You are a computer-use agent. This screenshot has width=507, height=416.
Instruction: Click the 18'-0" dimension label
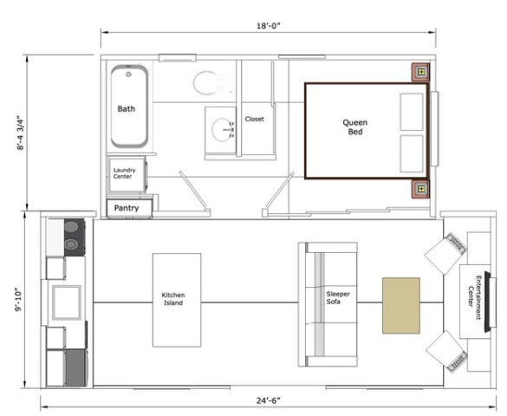269,25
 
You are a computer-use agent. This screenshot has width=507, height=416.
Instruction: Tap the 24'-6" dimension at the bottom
269,400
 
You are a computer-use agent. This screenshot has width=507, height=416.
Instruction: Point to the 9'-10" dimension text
18,299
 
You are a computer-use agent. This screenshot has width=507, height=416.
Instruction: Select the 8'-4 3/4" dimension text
21,133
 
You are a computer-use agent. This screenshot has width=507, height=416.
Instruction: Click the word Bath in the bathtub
127,108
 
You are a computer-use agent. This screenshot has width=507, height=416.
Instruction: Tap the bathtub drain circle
128,75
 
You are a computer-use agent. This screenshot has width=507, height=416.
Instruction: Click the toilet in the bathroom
209,82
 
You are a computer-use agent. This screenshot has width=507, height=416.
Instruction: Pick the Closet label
254,119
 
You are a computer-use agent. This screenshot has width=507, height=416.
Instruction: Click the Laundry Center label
124,173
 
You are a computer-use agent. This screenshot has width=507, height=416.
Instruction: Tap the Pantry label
127,208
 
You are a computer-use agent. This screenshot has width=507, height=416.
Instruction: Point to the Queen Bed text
354,127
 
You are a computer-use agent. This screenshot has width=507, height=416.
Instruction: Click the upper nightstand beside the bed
420,72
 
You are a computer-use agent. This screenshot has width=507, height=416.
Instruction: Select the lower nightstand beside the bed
420,189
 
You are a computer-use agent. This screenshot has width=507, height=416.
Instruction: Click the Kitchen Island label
173,299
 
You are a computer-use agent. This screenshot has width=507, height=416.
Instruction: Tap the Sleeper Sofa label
338,297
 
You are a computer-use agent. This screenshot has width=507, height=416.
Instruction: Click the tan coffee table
401,305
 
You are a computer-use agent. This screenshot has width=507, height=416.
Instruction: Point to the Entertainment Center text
474,297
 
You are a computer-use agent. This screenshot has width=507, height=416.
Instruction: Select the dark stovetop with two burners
75,237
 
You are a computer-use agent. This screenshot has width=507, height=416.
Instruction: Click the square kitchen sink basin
67,302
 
